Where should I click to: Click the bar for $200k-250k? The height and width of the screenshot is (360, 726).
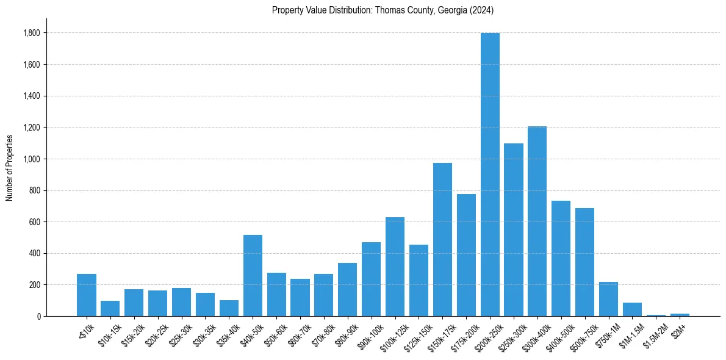pyautogui.click(x=490, y=175)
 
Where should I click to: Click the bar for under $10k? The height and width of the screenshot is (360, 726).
pyautogui.click(x=87, y=295)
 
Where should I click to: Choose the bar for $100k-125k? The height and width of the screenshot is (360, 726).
pyautogui.click(x=395, y=267)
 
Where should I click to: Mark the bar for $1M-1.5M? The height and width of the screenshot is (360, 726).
pyautogui.click(x=632, y=309)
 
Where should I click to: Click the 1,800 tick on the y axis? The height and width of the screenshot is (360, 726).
pyautogui.click(x=32, y=33)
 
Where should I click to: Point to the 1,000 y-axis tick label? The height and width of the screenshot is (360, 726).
pyautogui.click(x=32, y=159)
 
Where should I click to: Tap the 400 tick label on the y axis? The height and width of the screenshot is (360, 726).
pyautogui.click(x=34, y=253)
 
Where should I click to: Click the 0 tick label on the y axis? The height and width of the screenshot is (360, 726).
pyautogui.click(x=39, y=317)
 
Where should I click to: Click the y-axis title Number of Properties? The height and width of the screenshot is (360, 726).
pyautogui.click(x=9, y=168)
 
